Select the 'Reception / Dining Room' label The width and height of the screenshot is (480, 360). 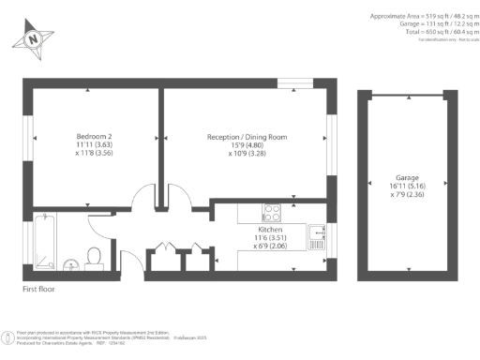tap(247, 137)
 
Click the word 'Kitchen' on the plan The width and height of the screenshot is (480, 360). tap(271, 228)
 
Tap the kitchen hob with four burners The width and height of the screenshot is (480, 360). tap(272, 211)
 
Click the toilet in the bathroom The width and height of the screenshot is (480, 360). tap(93, 256)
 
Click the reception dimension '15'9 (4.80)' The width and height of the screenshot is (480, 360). tap(247, 145)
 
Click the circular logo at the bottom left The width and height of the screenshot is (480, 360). tap(8, 335)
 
